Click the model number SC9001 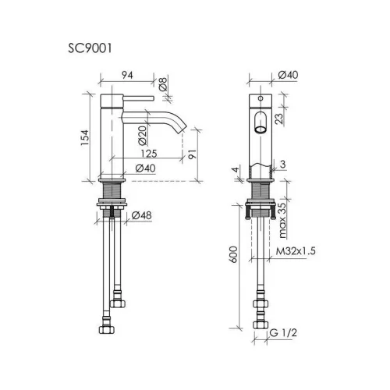click(90, 48)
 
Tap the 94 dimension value click(127, 75)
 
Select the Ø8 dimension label click(163, 84)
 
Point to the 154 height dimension click(85, 137)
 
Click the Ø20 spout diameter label click(143, 136)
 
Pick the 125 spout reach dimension click(149, 154)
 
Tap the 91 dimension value click(192, 154)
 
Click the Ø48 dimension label click(141, 215)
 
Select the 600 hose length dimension click(234, 254)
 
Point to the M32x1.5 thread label click(296, 251)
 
